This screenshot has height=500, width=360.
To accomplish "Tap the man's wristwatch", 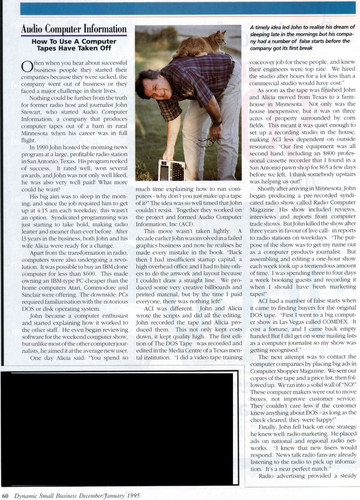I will click(x=217, y=124).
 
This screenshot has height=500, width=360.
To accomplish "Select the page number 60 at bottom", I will click(x=7, y=496).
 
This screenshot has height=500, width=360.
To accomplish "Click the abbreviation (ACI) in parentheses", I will click(x=178, y=224).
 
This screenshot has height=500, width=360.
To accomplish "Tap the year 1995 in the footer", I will click(x=132, y=496).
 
